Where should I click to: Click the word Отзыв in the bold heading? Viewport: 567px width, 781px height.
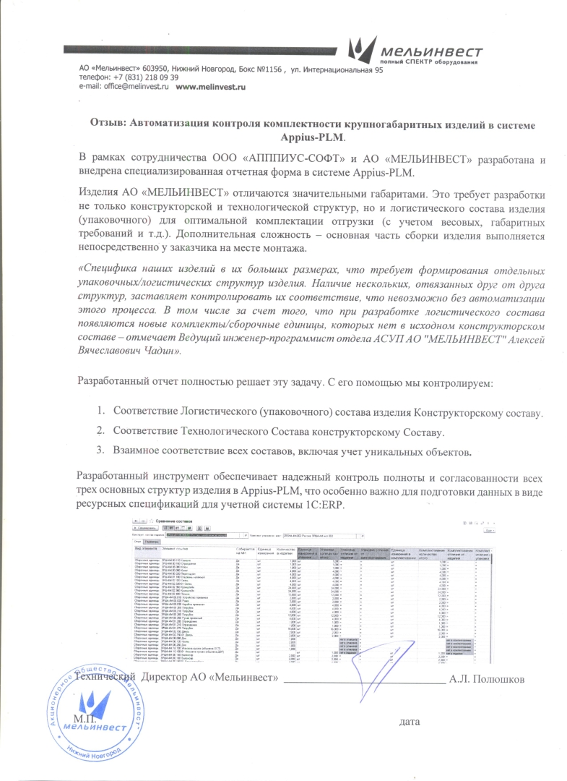click(x=106, y=124)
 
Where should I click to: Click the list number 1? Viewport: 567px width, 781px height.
click(x=101, y=412)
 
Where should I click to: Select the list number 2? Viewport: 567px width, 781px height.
click(x=101, y=431)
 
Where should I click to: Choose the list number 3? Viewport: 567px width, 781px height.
click(x=101, y=451)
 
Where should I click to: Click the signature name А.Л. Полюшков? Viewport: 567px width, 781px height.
click(x=491, y=680)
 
